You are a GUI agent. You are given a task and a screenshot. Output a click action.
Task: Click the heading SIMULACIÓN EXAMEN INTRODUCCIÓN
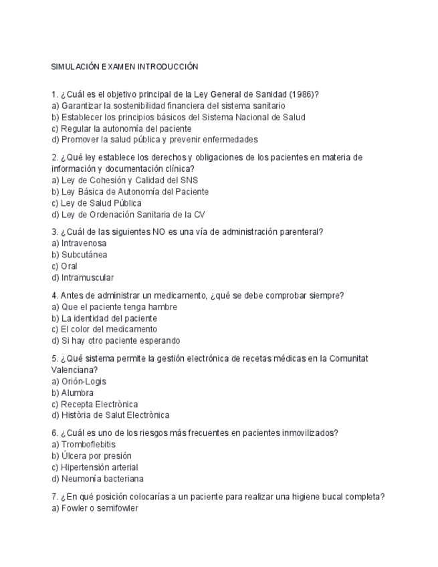[124, 67]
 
